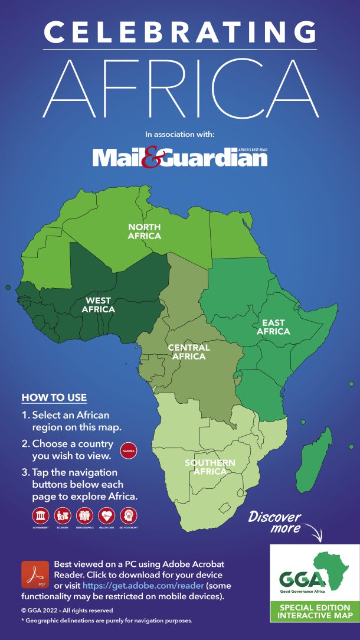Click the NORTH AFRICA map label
click(x=145, y=231)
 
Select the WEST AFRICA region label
click(x=98, y=305)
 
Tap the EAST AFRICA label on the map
click(x=273, y=327)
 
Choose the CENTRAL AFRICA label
click(x=189, y=352)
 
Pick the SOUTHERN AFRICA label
click(x=210, y=467)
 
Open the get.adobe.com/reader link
click(x=120, y=585)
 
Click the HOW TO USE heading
click(x=54, y=397)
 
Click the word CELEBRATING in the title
click(x=180, y=31)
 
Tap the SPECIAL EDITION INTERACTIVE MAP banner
click(x=315, y=612)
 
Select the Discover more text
click(x=274, y=521)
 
